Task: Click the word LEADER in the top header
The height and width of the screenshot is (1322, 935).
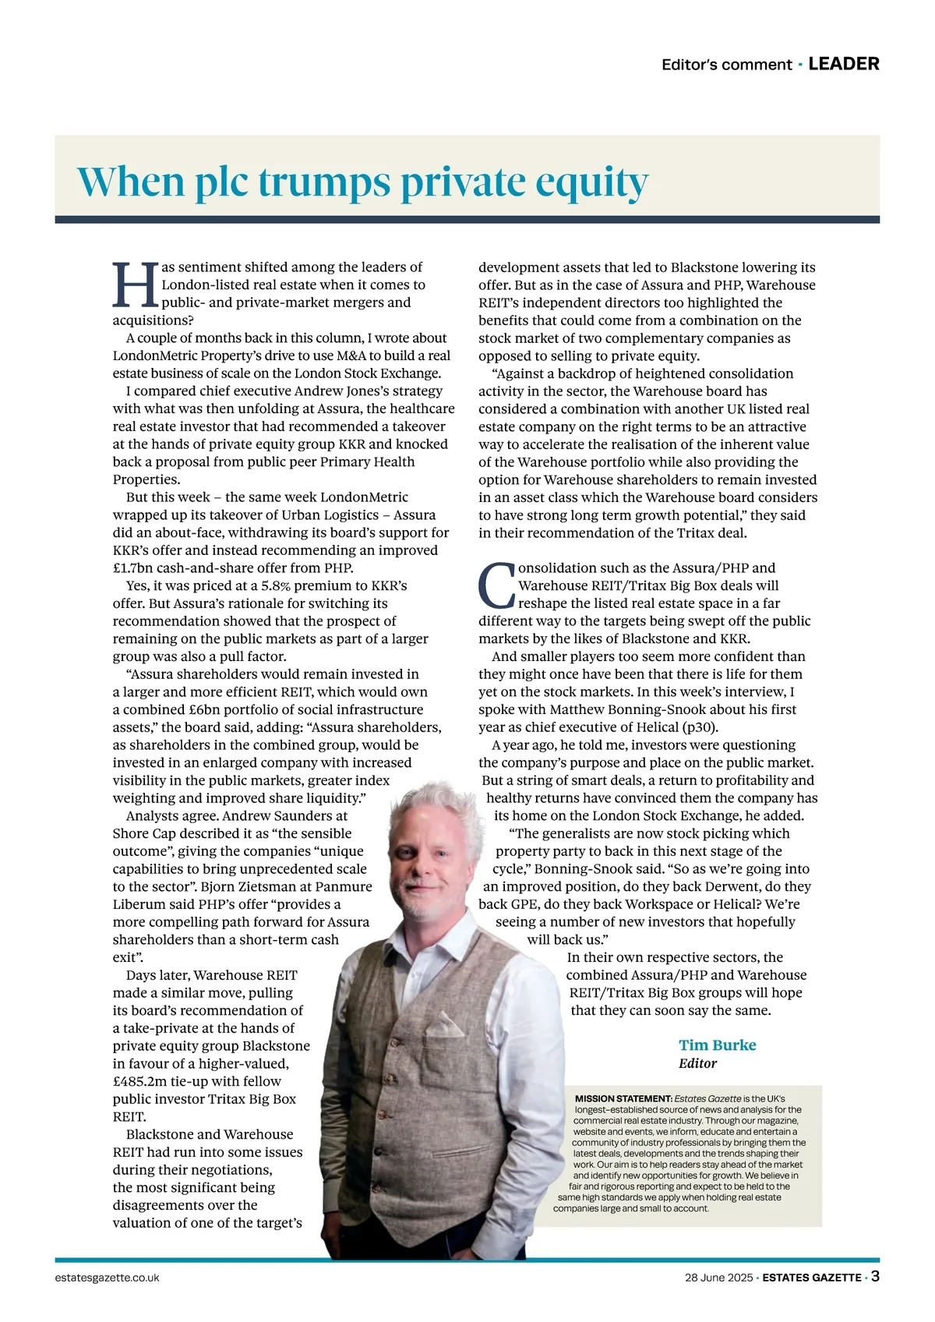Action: point(844,64)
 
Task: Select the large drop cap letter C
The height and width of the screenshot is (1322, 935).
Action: point(496,586)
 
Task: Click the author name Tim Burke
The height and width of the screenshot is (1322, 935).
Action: point(717,1045)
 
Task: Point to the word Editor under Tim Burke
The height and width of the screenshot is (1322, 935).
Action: point(697,1063)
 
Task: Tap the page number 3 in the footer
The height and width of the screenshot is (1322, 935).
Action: point(875,1277)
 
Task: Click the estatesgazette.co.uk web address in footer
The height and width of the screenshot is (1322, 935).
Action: point(108,1278)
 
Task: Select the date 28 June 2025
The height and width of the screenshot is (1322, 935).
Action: point(718,1278)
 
